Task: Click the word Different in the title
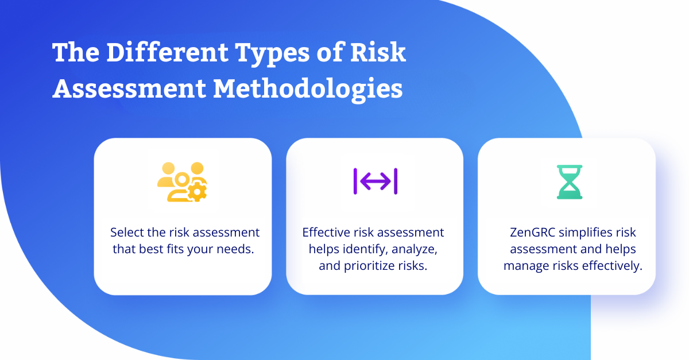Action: point(168,52)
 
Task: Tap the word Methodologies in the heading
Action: point(308,90)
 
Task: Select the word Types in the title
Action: point(272,53)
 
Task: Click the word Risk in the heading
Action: point(378,52)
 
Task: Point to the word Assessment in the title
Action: point(129,89)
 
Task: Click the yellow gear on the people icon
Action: point(197,192)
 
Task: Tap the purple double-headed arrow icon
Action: point(376,181)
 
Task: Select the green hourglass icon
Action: point(570,182)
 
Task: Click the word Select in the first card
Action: point(127,233)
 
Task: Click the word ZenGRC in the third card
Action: point(532,233)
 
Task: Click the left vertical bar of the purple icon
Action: point(355,181)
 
